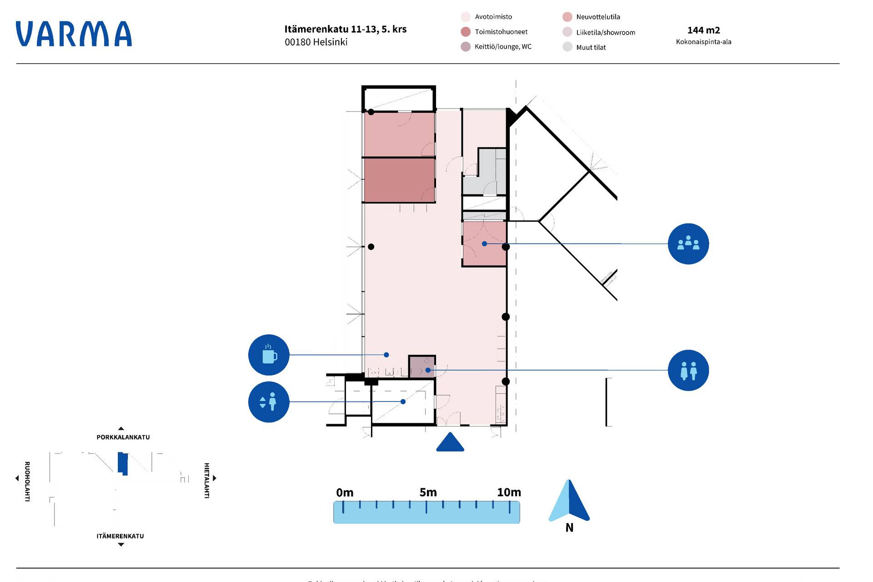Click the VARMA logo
click(74, 34)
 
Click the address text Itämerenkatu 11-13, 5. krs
click(345, 29)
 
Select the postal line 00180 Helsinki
click(316, 42)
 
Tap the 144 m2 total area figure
click(703, 30)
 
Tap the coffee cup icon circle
click(269, 355)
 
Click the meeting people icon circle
click(688, 244)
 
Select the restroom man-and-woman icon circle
click(688, 370)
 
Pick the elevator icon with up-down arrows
click(269, 402)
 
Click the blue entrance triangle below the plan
click(450, 442)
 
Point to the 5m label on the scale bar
click(428, 492)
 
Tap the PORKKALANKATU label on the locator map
click(123, 437)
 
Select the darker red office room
click(399, 180)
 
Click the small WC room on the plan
click(421, 366)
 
